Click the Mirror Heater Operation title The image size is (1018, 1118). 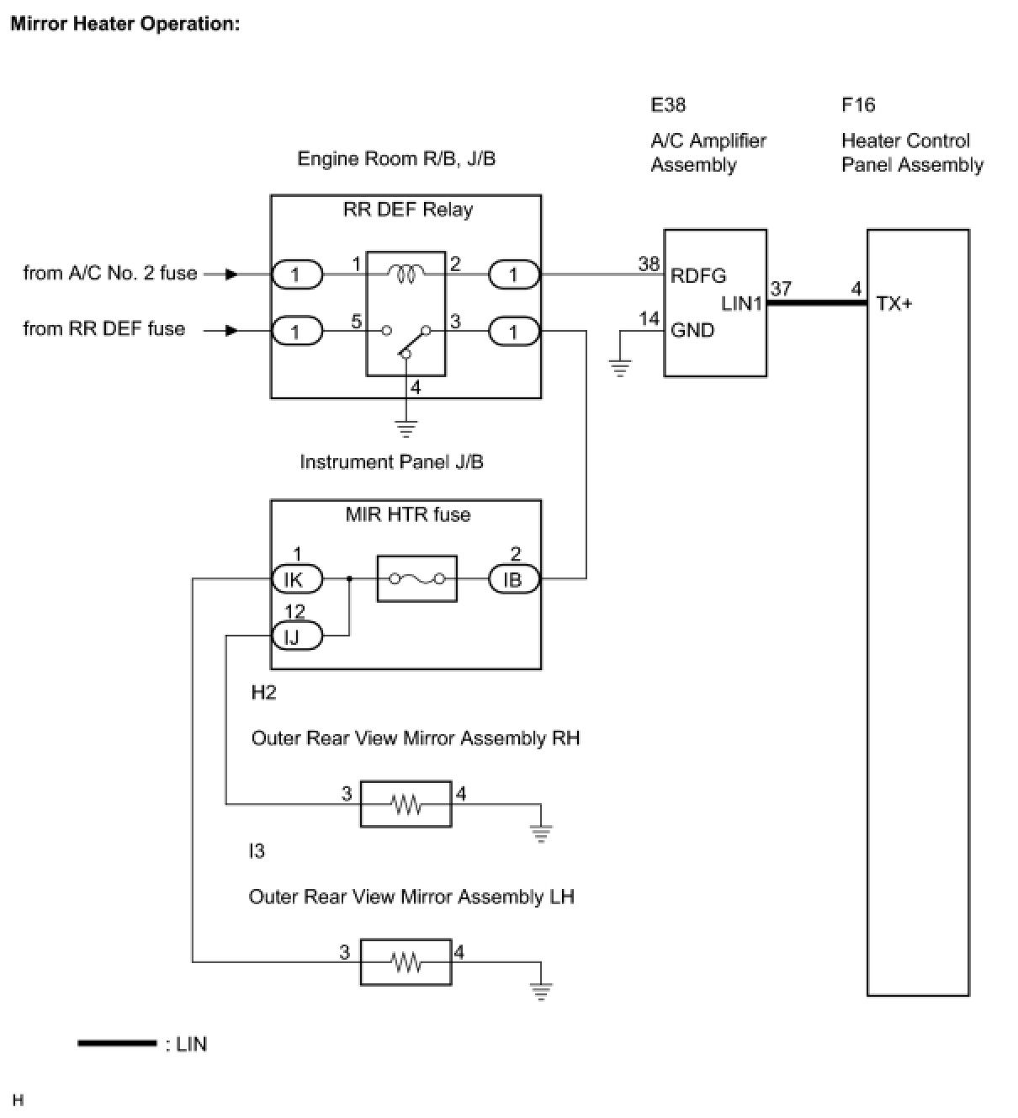point(125,24)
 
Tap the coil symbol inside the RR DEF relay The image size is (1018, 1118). point(406,274)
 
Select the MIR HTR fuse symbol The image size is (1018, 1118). point(416,578)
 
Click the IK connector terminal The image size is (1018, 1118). point(297,579)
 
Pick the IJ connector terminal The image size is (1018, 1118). point(297,636)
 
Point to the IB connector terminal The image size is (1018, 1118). point(514,579)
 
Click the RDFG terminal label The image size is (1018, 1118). point(698,275)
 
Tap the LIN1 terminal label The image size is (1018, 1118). point(741,303)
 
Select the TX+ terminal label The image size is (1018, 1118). point(894,303)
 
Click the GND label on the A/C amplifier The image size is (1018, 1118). point(692,330)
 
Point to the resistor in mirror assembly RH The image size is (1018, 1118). point(406,804)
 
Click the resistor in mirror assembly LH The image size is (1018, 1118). point(406,962)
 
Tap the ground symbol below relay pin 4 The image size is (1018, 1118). point(406,429)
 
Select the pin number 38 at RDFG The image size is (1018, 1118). point(649,264)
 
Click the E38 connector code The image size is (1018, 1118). point(668,104)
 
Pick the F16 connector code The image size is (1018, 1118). point(858,104)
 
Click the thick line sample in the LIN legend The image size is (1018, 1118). point(117,1043)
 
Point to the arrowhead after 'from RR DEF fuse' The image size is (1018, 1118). point(231,331)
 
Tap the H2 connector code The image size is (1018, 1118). point(263,692)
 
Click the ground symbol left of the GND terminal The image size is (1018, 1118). point(620,369)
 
